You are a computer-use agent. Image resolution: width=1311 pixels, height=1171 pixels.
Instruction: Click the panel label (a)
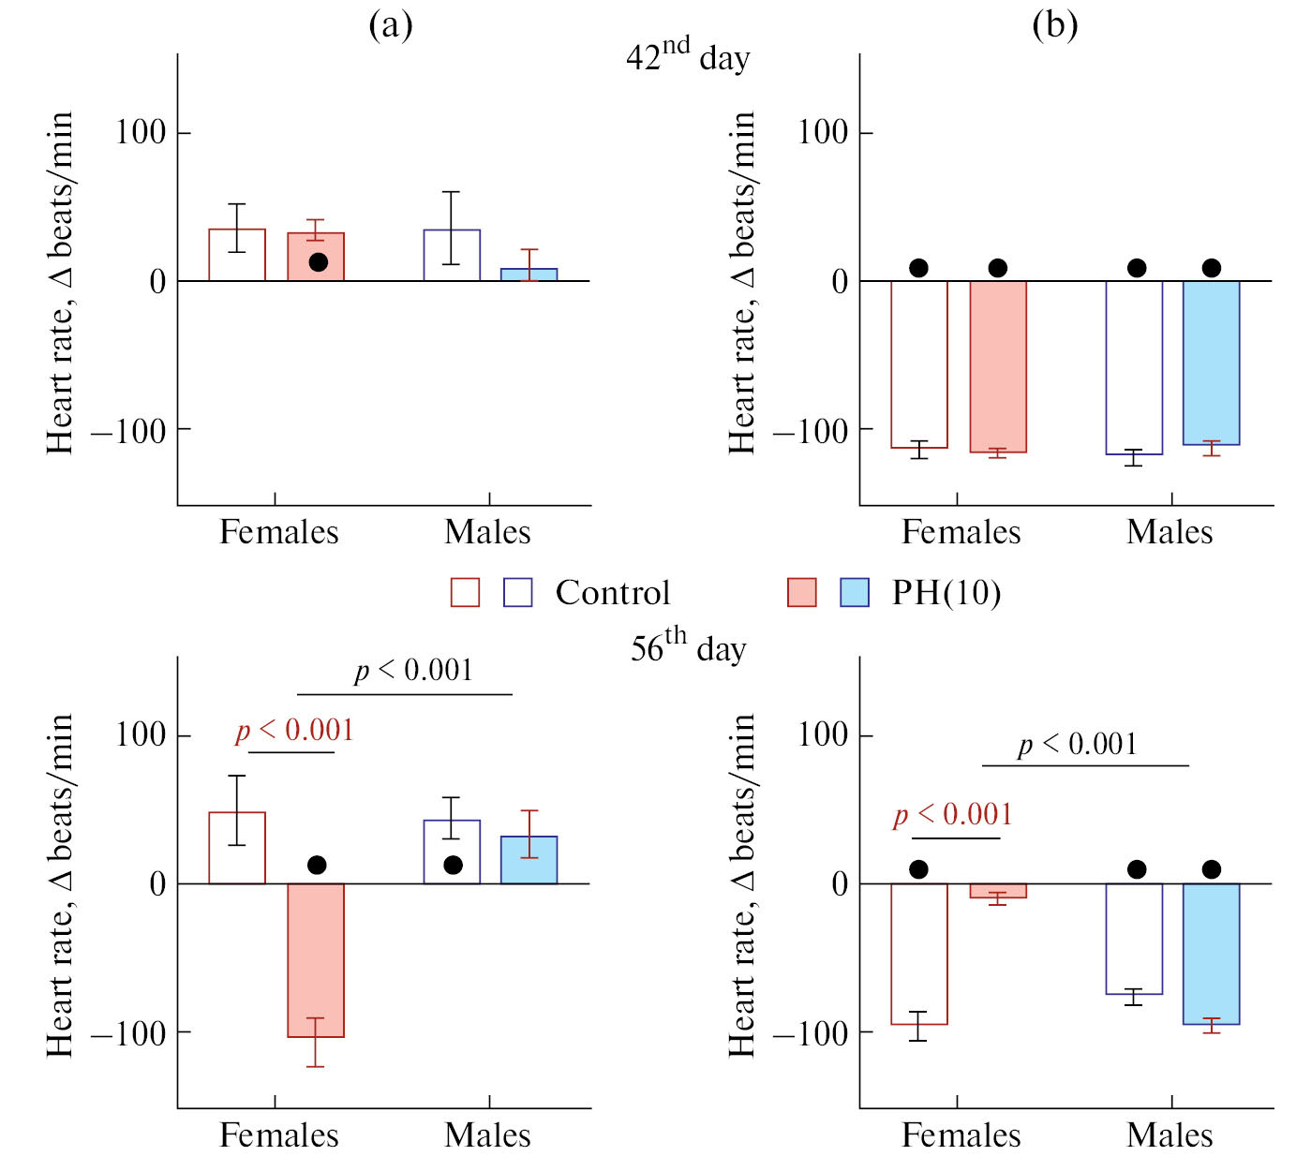pyautogui.click(x=391, y=25)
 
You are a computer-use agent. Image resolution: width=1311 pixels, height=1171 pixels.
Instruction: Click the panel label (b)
pyautogui.click(x=1054, y=25)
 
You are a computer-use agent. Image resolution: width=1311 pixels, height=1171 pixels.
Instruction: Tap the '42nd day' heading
pyautogui.click(x=688, y=55)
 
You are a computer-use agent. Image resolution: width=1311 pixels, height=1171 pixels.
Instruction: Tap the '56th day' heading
pyautogui.click(x=688, y=646)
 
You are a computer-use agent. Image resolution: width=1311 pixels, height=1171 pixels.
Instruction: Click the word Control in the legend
pyautogui.click(x=613, y=593)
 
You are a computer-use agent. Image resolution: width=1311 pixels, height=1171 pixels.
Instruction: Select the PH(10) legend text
pyautogui.click(x=946, y=593)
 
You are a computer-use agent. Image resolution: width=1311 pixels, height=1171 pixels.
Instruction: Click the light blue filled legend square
pyautogui.click(x=855, y=593)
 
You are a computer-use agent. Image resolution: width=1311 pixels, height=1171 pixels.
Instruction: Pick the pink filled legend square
pyautogui.click(x=802, y=593)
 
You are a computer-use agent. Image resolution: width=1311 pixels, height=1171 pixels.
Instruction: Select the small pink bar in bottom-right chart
pyautogui.click(x=998, y=891)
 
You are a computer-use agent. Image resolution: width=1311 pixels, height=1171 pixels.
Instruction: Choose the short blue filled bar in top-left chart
pyautogui.click(x=529, y=274)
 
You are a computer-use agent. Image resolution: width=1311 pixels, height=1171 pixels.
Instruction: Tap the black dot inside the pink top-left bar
pyautogui.click(x=319, y=262)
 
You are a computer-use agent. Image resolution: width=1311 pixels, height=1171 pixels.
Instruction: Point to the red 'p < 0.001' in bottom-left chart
pyautogui.click(x=294, y=731)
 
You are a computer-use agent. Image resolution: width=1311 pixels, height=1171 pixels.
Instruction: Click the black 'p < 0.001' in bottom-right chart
pyautogui.click(x=1078, y=745)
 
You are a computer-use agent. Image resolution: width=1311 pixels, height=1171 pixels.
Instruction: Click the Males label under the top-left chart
pyautogui.click(x=487, y=532)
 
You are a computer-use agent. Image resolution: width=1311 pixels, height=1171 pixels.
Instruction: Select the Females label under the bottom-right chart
pyautogui.click(x=961, y=1135)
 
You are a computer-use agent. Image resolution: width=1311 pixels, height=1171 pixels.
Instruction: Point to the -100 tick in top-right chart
pyautogui.click(x=810, y=430)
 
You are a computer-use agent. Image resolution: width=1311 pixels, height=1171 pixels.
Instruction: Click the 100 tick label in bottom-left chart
pyautogui.click(x=141, y=734)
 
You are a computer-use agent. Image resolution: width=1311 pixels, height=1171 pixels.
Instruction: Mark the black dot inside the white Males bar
pyautogui.click(x=453, y=865)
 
